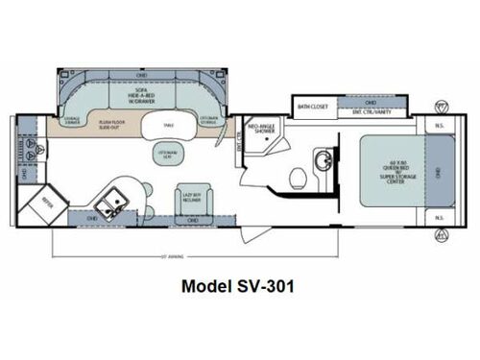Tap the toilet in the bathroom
299,178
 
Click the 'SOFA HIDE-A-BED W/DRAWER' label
144,100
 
